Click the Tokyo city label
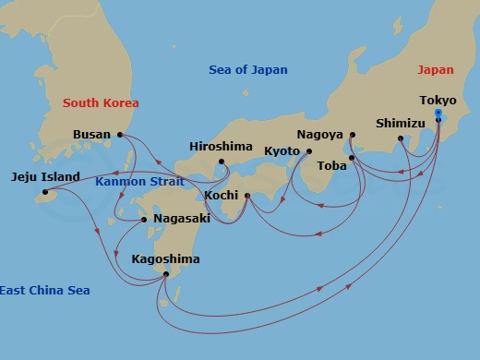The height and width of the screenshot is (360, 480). pyautogui.click(x=437, y=100)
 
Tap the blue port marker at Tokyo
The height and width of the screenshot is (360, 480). pyautogui.click(x=438, y=113)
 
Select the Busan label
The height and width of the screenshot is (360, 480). pyautogui.click(x=92, y=135)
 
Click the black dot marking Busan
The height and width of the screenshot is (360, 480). pyautogui.click(x=120, y=135)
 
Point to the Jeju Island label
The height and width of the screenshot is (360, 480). pyautogui.click(x=45, y=176)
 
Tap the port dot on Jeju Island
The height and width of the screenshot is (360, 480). pyautogui.click(x=43, y=193)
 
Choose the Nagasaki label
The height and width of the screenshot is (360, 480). pyautogui.click(x=182, y=219)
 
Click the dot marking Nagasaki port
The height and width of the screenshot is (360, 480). pyautogui.click(x=144, y=220)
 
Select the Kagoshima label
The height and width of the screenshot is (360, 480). pyautogui.click(x=165, y=259)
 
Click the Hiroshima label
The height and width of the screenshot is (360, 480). pyautogui.click(x=220, y=146)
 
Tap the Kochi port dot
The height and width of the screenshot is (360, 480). pyautogui.click(x=247, y=195)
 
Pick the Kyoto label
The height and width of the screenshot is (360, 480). pyautogui.click(x=282, y=150)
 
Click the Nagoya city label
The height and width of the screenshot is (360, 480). pyautogui.click(x=320, y=134)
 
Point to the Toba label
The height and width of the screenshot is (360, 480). pyautogui.click(x=331, y=166)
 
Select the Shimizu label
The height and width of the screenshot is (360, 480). pyautogui.click(x=401, y=123)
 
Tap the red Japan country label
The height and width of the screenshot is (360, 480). pyautogui.click(x=436, y=69)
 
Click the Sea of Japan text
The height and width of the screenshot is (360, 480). pyautogui.click(x=247, y=69)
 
